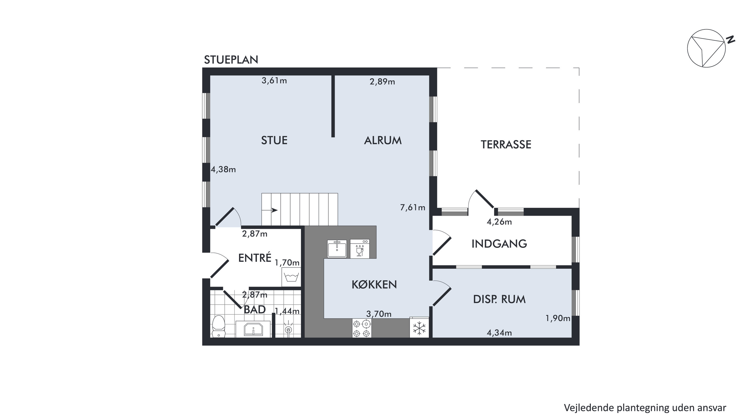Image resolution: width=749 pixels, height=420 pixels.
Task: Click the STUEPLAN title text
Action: click(231, 60)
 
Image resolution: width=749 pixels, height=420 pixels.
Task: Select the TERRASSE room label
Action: click(506, 145)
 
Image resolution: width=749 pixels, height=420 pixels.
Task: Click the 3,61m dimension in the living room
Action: click(274, 81)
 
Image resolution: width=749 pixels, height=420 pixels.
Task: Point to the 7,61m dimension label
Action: click(413, 208)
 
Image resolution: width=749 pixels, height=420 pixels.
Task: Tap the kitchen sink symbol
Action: click(337, 249)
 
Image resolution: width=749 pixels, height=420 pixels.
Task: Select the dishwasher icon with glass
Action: click(360, 249)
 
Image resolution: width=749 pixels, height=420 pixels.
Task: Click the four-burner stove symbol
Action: click(362, 328)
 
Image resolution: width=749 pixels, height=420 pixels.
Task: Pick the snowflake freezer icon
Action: click(419, 328)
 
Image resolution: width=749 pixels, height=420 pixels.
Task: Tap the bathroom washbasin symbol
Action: click(253, 329)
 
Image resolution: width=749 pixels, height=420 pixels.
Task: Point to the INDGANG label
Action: click(499, 244)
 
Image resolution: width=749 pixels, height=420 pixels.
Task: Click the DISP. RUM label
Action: click(499, 300)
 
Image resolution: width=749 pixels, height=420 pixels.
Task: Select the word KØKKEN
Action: click(374, 285)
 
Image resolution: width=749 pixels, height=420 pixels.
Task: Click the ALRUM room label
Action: click(383, 141)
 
